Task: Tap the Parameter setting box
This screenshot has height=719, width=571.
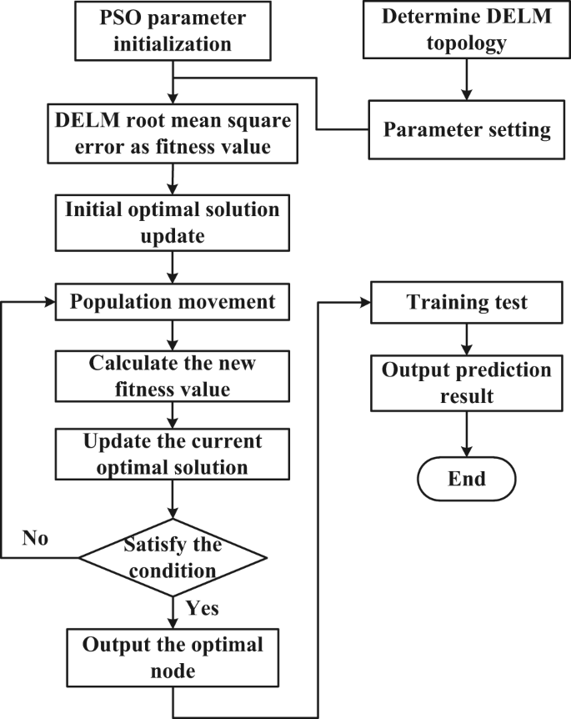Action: point(466,130)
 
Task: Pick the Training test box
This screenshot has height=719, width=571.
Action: point(466,302)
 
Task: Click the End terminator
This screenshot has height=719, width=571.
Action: point(466,480)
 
